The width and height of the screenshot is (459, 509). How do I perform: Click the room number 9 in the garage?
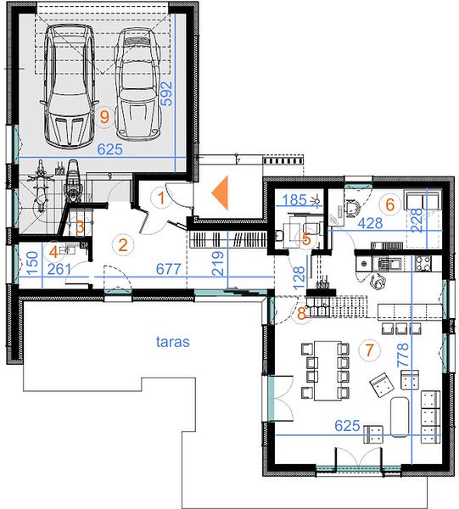[x=104, y=117]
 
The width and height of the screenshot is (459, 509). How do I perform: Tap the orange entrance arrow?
[x=220, y=193]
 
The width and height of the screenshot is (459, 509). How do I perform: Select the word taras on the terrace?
[x=173, y=342]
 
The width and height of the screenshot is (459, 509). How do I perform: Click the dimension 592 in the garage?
[x=167, y=93]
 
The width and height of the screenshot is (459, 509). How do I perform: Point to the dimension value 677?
[x=169, y=269]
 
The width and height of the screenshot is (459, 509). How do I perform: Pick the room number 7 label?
[x=369, y=350]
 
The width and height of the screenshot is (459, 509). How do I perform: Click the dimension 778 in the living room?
[x=404, y=355]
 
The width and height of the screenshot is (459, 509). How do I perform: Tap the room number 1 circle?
[x=161, y=198]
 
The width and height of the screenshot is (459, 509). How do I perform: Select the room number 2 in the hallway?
[x=123, y=245]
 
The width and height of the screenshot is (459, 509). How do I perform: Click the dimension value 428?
[x=370, y=223]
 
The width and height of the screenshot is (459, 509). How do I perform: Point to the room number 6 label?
[x=389, y=204]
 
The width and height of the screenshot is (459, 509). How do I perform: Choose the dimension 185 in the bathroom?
[x=294, y=200]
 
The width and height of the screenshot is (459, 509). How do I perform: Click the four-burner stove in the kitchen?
[x=422, y=263]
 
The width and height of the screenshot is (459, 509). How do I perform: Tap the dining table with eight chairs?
[x=327, y=371]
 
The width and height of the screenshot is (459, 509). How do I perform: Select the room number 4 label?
[x=54, y=252]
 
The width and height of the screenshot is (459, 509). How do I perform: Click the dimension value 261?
[x=59, y=270]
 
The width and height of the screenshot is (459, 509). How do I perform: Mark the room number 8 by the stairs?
[x=301, y=314]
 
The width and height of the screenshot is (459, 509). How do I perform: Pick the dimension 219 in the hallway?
[x=218, y=264]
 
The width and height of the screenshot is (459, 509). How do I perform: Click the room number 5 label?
[x=306, y=239]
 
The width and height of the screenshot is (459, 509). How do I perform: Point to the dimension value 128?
[x=299, y=278]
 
